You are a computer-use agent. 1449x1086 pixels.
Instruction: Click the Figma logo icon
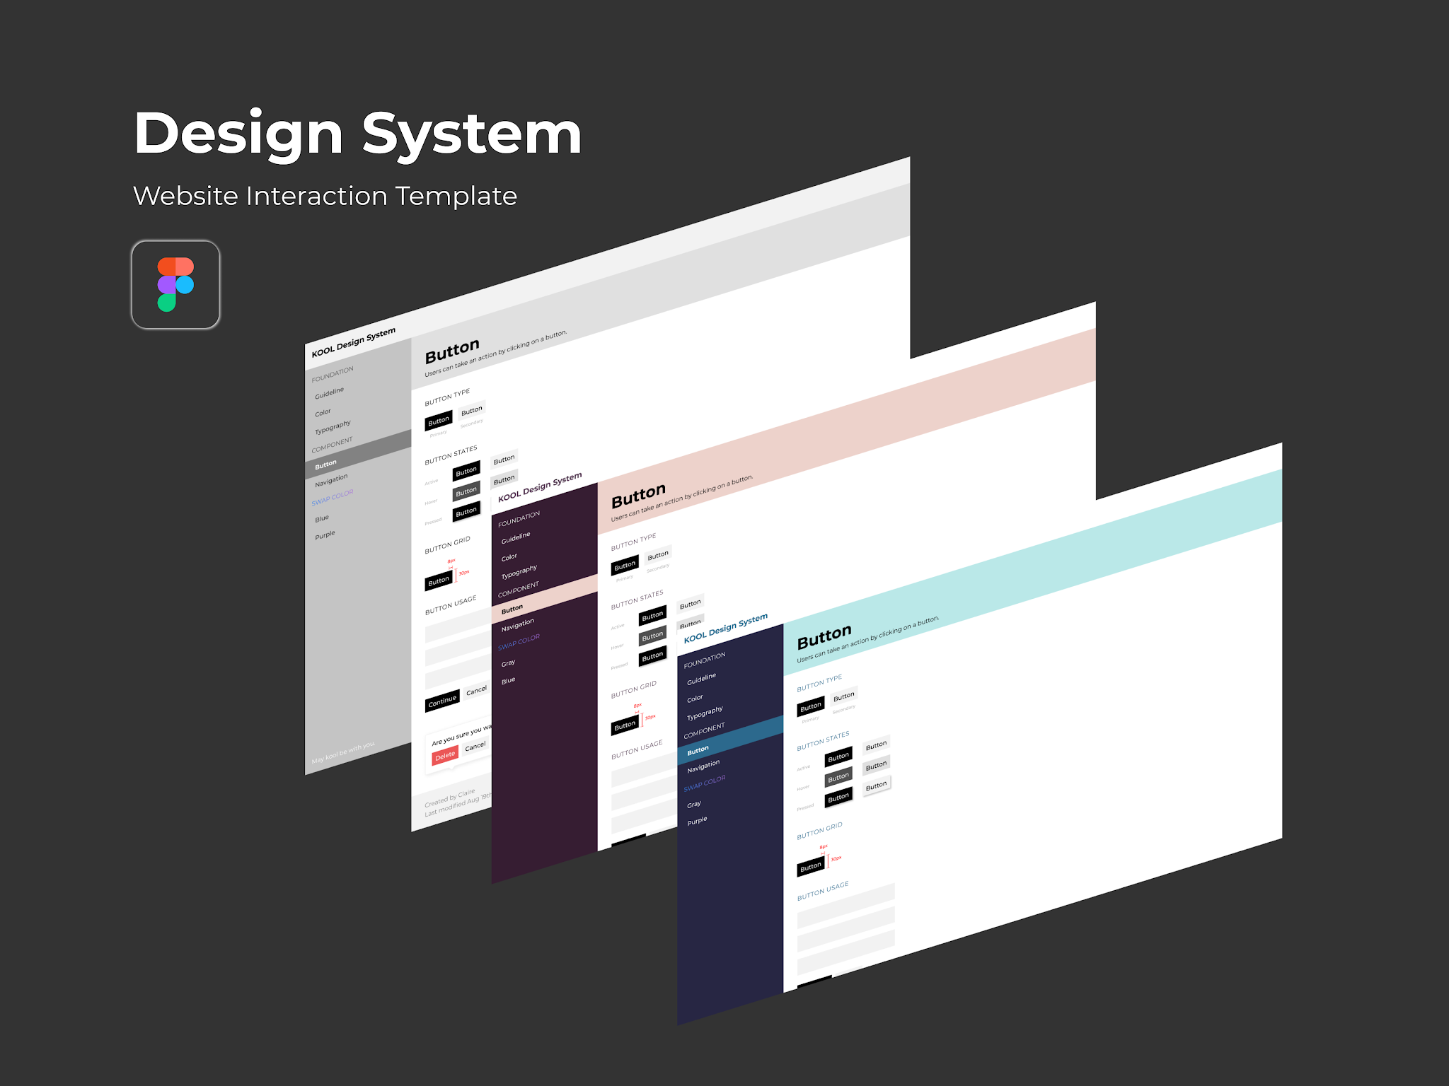pyautogui.click(x=175, y=284)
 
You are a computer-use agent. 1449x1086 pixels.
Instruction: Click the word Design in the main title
pyautogui.click(x=238, y=134)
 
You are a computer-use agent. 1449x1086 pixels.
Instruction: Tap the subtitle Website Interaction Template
pyautogui.click(x=325, y=196)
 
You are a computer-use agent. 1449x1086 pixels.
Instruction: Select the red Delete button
pyautogui.click(x=445, y=756)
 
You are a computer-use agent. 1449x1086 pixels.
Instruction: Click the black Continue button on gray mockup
pyautogui.click(x=442, y=701)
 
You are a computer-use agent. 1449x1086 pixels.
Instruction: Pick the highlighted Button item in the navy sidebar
pyautogui.click(x=698, y=750)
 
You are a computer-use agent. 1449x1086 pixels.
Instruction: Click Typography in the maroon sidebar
pyautogui.click(x=519, y=571)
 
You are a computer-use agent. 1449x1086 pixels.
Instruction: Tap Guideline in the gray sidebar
pyautogui.click(x=329, y=392)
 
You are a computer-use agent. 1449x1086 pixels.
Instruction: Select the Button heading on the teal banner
pyautogui.click(x=824, y=637)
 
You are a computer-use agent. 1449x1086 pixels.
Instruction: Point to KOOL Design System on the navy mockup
pyautogui.click(x=725, y=628)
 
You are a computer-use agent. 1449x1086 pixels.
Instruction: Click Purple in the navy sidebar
pyautogui.click(x=697, y=821)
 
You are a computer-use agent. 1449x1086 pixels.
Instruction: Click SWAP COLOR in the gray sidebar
pyautogui.click(x=333, y=497)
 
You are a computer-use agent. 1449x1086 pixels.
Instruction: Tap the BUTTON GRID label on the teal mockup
pyautogui.click(x=819, y=831)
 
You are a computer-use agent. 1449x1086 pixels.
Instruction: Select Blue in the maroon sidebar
pyautogui.click(x=508, y=681)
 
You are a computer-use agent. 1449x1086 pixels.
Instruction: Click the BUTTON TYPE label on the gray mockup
pyautogui.click(x=447, y=397)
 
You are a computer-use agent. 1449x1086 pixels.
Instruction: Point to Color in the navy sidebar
pyautogui.click(x=695, y=699)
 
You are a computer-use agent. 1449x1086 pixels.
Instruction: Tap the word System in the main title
pyautogui.click(x=471, y=134)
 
